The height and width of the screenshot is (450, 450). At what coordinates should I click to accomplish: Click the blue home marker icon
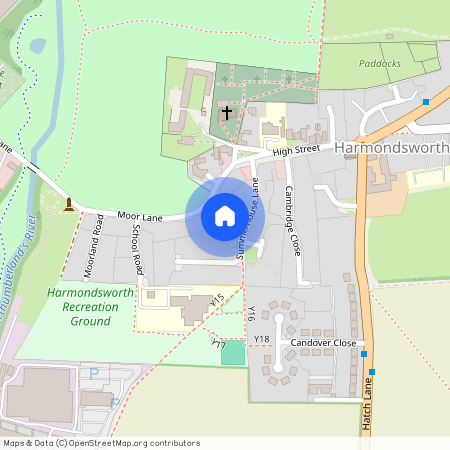pos(225,216)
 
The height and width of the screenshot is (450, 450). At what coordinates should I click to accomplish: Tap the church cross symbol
pos(228,112)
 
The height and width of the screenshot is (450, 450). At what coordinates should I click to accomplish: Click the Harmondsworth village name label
pos(391,147)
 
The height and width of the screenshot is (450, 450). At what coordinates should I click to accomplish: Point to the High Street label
pos(295,150)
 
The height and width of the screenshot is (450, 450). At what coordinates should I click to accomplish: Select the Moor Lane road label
pos(139,215)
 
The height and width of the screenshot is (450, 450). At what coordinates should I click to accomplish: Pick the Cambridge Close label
pos(292,221)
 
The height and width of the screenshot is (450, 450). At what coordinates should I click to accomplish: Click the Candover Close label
pos(323,342)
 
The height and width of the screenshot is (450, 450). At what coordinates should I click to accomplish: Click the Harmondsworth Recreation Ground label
pos(77,307)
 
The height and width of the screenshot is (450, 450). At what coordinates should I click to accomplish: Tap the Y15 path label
pos(218,299)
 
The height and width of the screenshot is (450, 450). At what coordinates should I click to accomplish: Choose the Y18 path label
pos(261,340)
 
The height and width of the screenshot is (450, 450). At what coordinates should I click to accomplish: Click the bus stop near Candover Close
pos(368,354)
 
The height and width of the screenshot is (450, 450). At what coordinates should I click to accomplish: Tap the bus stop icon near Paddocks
pos(426,102)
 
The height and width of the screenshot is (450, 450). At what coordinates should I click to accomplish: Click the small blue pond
pos(37,45)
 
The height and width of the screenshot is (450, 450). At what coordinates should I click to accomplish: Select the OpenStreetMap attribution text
pos(101,442)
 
